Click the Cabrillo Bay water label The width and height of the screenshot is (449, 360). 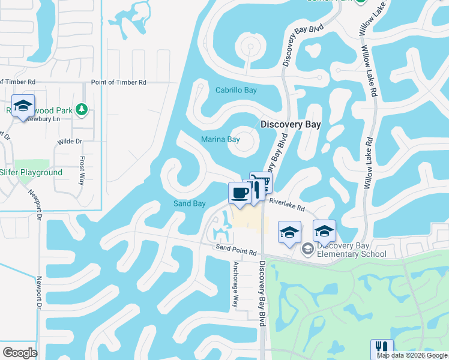pyautogui.click(x=236, y=91)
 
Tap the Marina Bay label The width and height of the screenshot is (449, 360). pyautogui.click(x=220, y=140)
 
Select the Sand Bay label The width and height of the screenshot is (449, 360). pyautogui.click(x=190, y=204)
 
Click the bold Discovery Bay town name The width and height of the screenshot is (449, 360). pyautogui.click(x=291, y=125)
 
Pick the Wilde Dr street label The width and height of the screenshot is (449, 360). pyautogui.click(x=70, y=142)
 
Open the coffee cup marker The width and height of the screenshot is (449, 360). pyautogui.click(x=240, y=193)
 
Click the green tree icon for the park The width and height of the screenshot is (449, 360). pyautogui.click(x=82, y=109)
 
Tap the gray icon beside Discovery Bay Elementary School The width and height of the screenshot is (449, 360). pyautogui.click(x=307, y=248)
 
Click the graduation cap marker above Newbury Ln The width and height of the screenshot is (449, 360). pyautogui.click(x=23, y=107)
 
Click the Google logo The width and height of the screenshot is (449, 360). pyautogui.click(x=20, y=352)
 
